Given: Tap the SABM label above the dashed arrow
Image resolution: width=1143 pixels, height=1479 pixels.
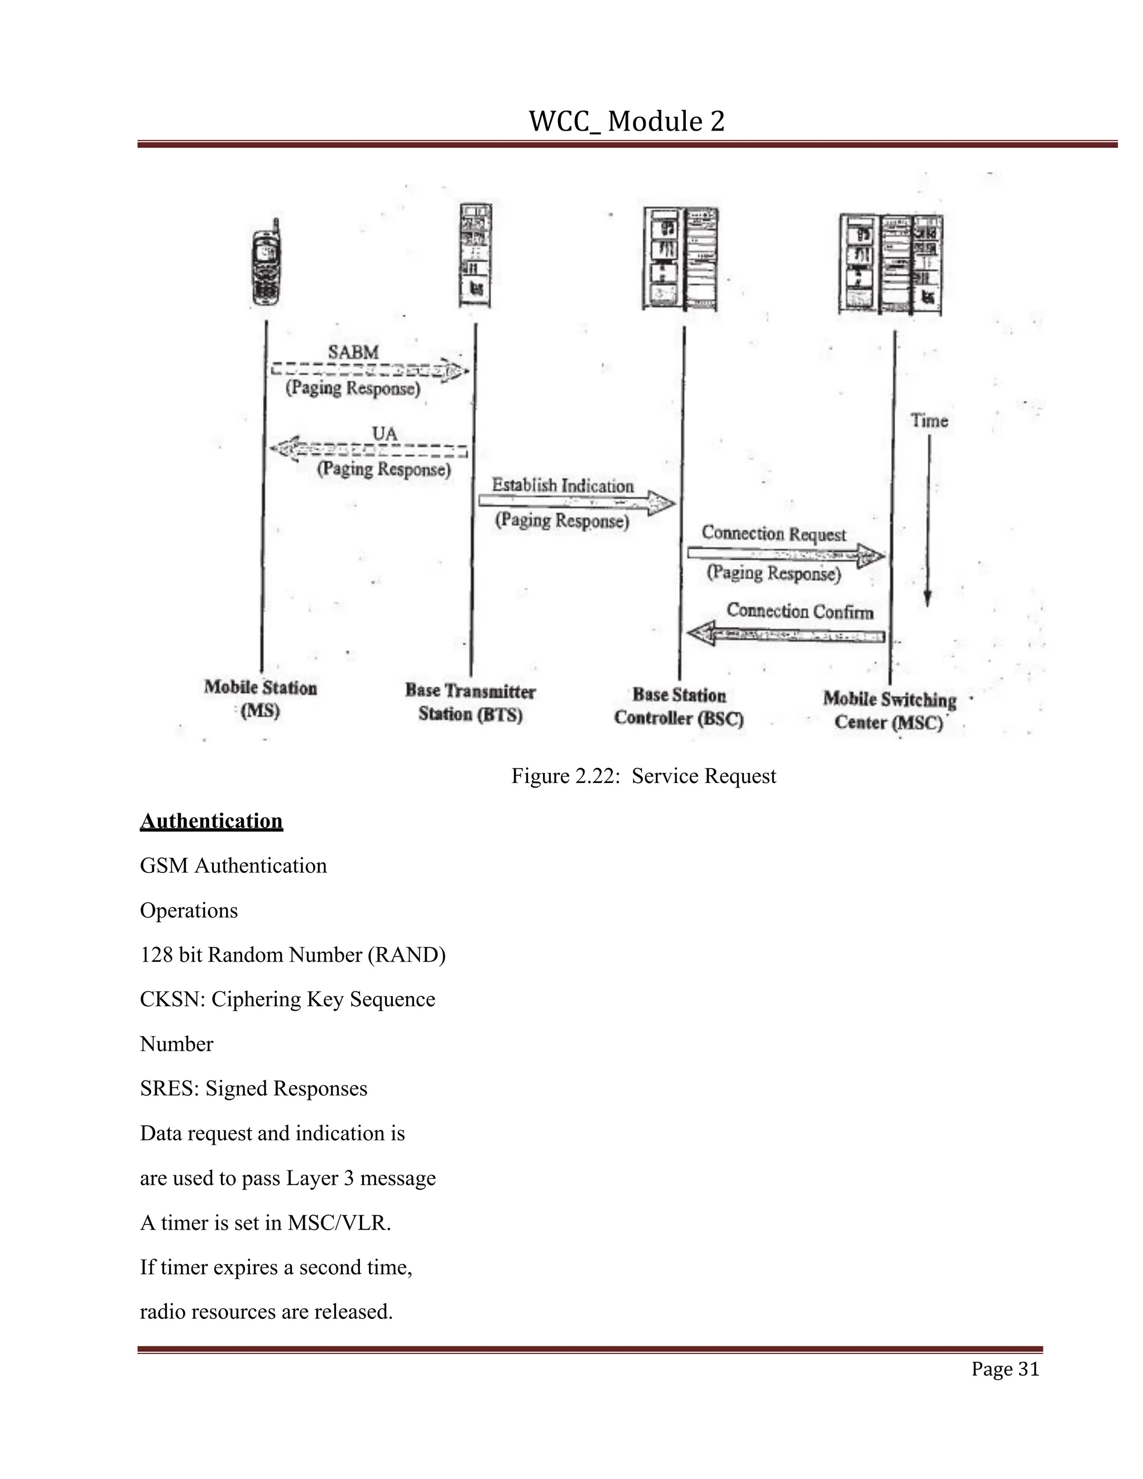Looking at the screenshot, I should [x=353, y=352].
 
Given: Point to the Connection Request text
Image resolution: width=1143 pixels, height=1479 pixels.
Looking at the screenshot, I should [x=774, y=534].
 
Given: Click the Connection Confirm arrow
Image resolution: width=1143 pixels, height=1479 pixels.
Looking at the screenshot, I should [x=785, y=635].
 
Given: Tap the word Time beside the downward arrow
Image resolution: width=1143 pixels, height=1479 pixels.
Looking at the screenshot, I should [x=929, y=421].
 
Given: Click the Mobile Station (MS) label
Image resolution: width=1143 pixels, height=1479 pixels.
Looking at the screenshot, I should [x=261, y=699].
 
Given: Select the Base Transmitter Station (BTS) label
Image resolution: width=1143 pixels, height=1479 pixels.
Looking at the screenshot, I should [x=470, y=702].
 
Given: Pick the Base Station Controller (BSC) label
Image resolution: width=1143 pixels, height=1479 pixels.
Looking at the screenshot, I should [x=679, y=707].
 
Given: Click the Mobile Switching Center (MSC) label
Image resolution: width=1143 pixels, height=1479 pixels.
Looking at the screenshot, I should [x=889, y=710].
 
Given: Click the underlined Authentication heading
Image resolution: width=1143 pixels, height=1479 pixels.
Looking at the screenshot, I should [x=212, y=821].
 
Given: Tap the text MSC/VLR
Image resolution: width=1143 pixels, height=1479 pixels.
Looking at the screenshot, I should [x=339, y=1223].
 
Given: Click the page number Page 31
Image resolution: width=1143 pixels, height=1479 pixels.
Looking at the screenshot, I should [x=1004, y=1368].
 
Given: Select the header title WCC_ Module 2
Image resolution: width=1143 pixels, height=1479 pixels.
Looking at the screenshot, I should [x=626, y=122].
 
